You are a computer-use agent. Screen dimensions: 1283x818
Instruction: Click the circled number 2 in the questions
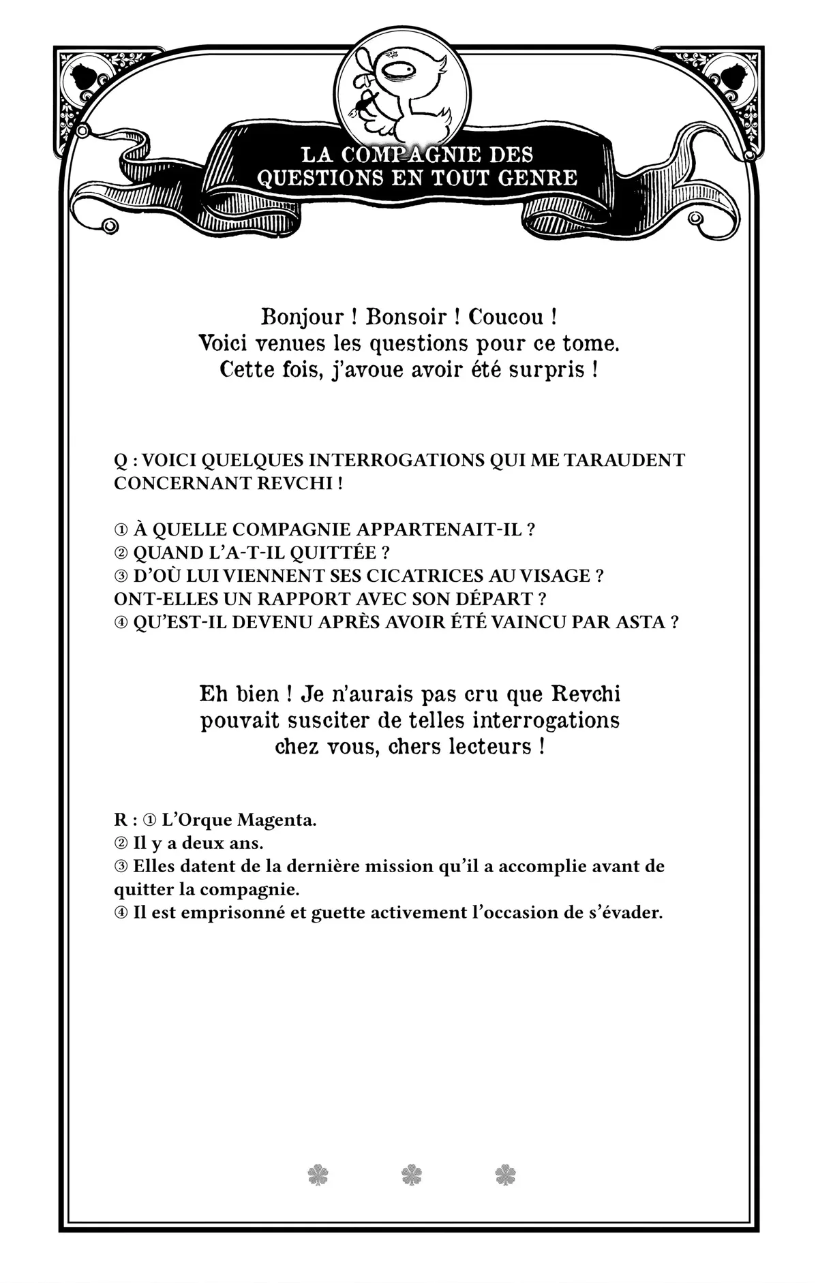pos(121,553)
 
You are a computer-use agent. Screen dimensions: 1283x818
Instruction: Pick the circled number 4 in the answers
pos(121,913)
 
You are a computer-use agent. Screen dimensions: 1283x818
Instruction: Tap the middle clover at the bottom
pos(412,1175)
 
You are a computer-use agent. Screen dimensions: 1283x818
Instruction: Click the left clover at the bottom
pos(318,1175)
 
